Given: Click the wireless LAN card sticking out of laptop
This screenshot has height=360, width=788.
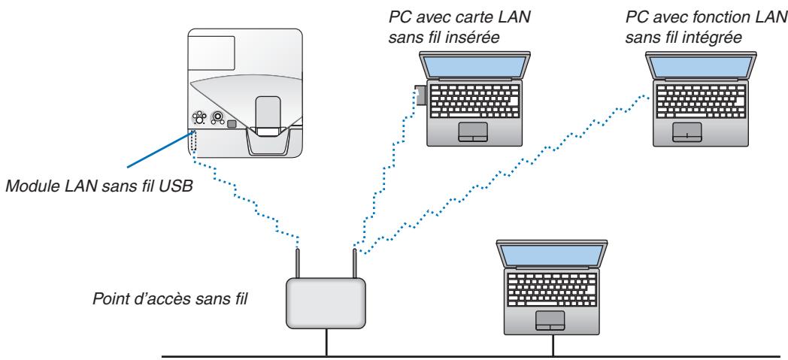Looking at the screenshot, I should click(420, 95).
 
